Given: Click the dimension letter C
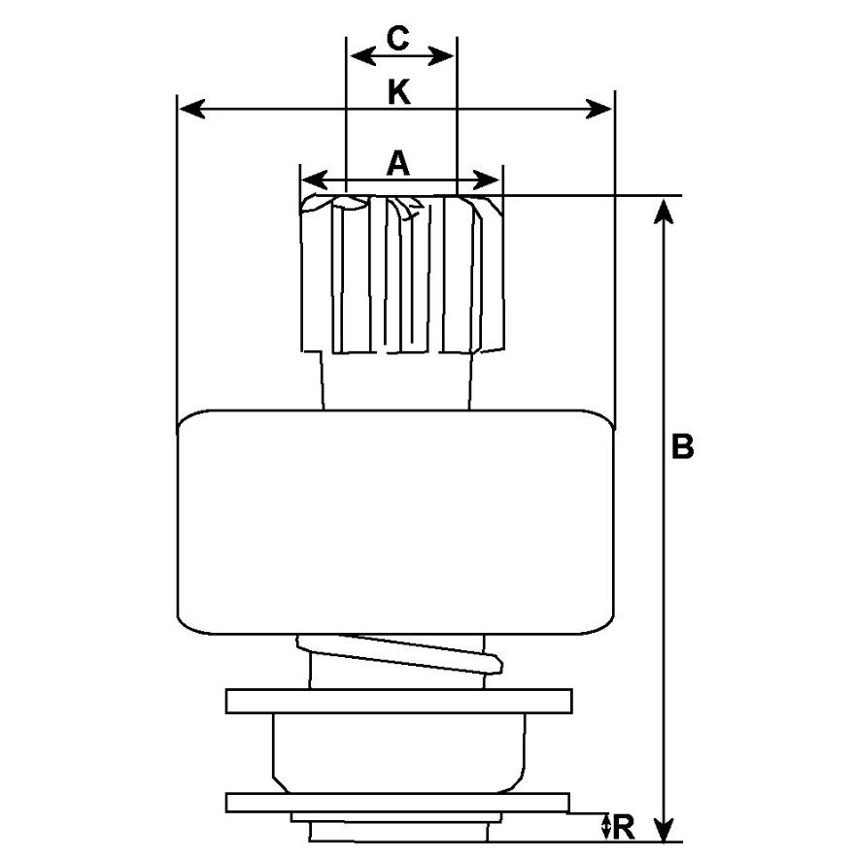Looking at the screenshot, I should coord(398,39).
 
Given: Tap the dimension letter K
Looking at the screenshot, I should coord(398,92).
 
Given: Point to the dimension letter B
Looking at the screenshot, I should coord(684,447).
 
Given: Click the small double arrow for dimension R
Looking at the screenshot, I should coord(606,828).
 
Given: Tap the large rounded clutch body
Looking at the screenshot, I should coord(398,522).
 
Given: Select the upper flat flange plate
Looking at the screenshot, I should coord(398,701).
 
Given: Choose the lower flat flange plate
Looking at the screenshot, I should coord(396,802).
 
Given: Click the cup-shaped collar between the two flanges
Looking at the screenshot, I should coord(398,752).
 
